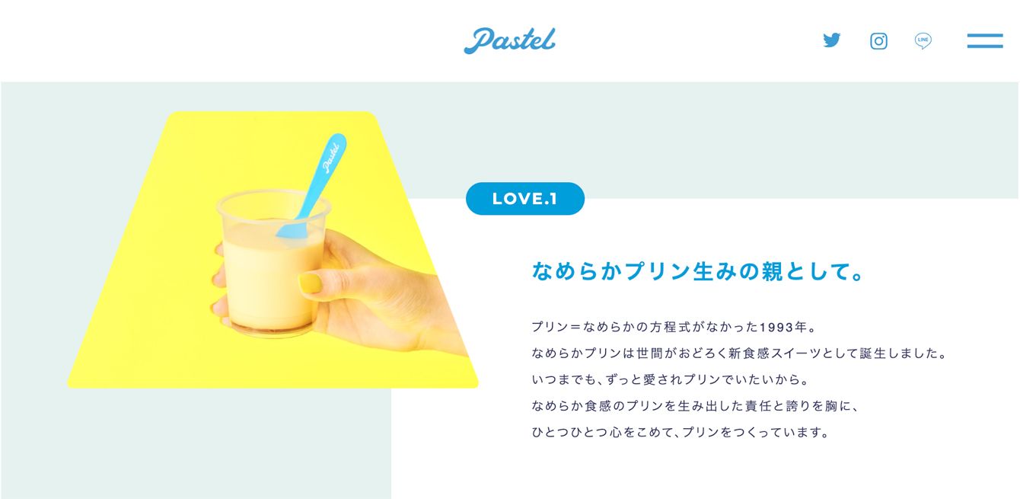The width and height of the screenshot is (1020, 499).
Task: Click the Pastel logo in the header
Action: click(x=509, y=40)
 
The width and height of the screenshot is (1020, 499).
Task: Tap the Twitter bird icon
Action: click(x=831, y=40)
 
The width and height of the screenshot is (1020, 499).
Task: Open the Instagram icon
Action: click(x=878, y=41)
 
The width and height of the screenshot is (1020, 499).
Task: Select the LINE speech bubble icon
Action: click(x=923, y=40)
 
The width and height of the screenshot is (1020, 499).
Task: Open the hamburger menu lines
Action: click(x=985, y=40)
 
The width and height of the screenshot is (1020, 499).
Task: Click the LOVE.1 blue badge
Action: click(x=525, y=199)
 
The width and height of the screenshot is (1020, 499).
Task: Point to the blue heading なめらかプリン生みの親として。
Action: click(x=697, y=271)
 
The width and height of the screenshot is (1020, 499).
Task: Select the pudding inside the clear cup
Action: click(x=272, y=282)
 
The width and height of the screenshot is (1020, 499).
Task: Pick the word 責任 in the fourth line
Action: click(x=758, y=405)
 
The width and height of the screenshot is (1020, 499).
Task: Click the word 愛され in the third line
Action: click(x=662, y=379)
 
